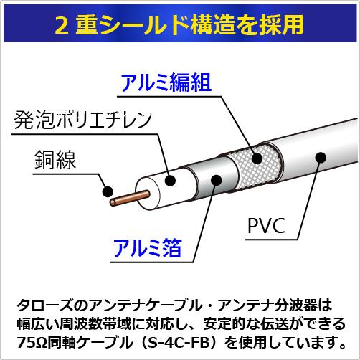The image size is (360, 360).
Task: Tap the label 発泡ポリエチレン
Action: (82, 119)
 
